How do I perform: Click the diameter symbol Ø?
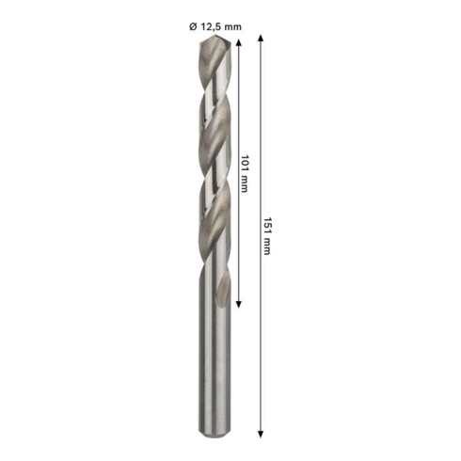coord(194,26)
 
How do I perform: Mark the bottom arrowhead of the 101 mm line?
coord(239,304)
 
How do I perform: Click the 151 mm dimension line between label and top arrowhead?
coord(261,122)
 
